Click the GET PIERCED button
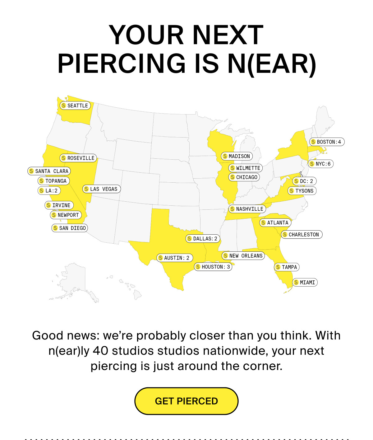(186, 401)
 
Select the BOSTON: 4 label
(327, 142)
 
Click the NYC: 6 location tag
(321, 164)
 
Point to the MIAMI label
(305, 283)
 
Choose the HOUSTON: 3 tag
(213, 267)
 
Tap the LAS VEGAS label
(101, 189)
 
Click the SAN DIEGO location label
(70, 228)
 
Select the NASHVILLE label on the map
(247, 209)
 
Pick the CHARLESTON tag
(302, 235)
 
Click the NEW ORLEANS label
(243, 256)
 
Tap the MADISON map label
(237, 156)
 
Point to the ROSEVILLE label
(78, 158)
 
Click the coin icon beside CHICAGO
(233, 177)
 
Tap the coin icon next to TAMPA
(278, 267)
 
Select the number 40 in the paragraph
(100, 351)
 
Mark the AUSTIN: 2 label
(174, 258)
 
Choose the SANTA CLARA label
(49, 171)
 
